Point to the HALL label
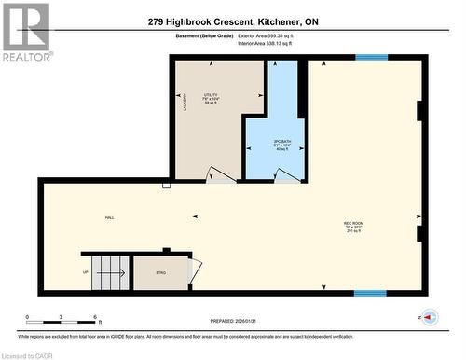coord(109,217)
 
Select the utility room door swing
coord(221,174)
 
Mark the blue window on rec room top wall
coord(371,58)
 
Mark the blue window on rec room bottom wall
coord(370,293)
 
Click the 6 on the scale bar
coord(97,318)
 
